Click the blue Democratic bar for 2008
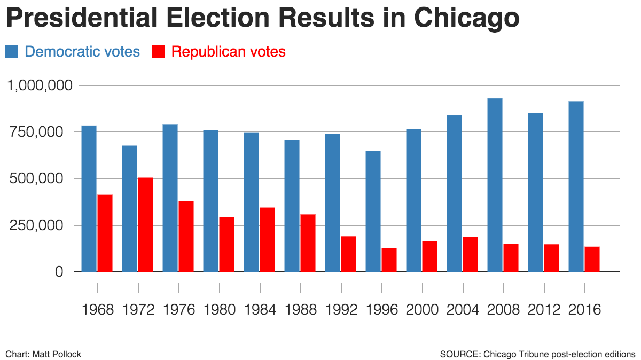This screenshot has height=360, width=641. click(x=495, y=185)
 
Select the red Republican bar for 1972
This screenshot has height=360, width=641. click(x=145, y=224)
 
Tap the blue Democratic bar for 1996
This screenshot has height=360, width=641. click(x=373, y=211)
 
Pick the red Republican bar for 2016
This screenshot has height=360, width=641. click(x=592, y=259)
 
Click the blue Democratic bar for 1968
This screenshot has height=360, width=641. click(x=89, y=199)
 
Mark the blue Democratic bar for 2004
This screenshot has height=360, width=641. click(x=454, y=193)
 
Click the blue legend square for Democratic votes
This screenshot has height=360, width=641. click(x=12, y=52)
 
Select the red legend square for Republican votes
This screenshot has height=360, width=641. click(x=159, y=52)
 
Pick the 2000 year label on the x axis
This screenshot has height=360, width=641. click(x=423, y=310)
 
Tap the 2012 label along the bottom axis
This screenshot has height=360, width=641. click(x=544, y=310)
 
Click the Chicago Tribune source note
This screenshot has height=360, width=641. click(x=537, y=354)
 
